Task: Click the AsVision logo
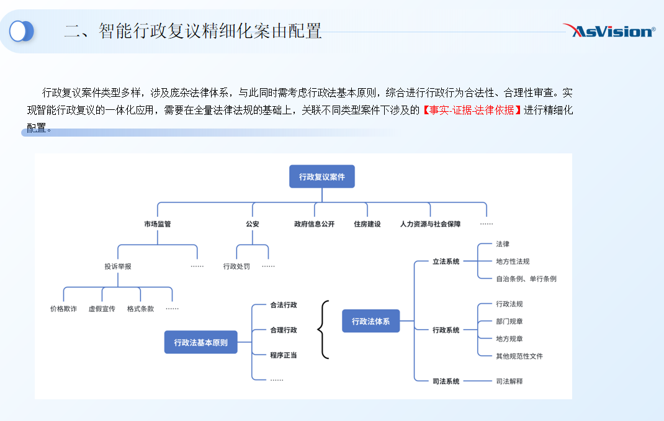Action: coord(609,30)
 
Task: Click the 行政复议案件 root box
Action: coord(322,176)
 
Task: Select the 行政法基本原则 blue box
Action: coord(200,342)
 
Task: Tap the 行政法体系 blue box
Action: coord(370,321)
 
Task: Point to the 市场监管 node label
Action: coord(158,224)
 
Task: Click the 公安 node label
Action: coord(253,224)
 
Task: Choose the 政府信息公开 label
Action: coord(314,224)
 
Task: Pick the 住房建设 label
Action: coord(367,224)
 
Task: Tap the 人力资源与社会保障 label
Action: coord(430,224)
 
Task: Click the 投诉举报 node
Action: coord(118,266)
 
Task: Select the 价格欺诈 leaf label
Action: coord(63,309)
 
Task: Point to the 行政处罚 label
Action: coord(236,266)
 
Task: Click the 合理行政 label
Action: coord(284,330)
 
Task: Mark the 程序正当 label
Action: coord(284,355)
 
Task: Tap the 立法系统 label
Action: coord(446,261)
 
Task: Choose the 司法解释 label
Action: coord(509,381)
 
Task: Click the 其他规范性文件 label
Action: coord(519,356)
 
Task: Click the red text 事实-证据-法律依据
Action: coord(472,110)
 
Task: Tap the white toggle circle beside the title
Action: coord(18,31)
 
